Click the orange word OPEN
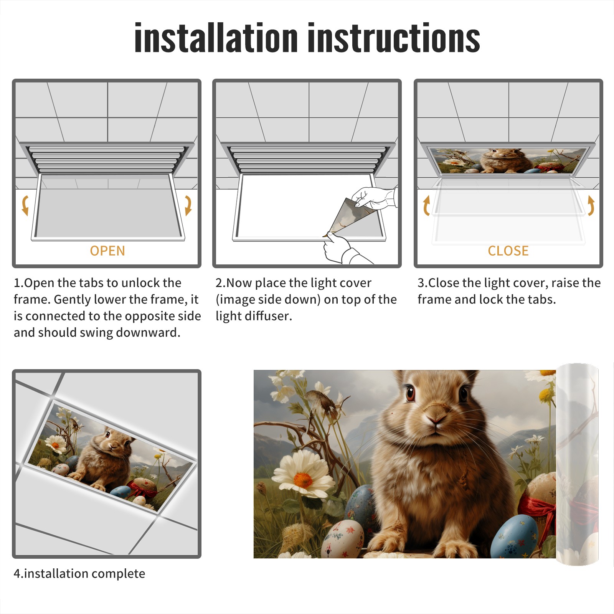pos(107,251)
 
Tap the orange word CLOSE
pos(508,251)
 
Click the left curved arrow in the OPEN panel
pos(25,205)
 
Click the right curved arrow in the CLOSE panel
pos(591,205)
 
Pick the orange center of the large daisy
pos(303,480)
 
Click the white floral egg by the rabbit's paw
pos(342,539)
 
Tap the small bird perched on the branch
pos(324,401)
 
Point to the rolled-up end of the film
pos(577,464)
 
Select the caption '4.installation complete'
pos(79,573)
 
